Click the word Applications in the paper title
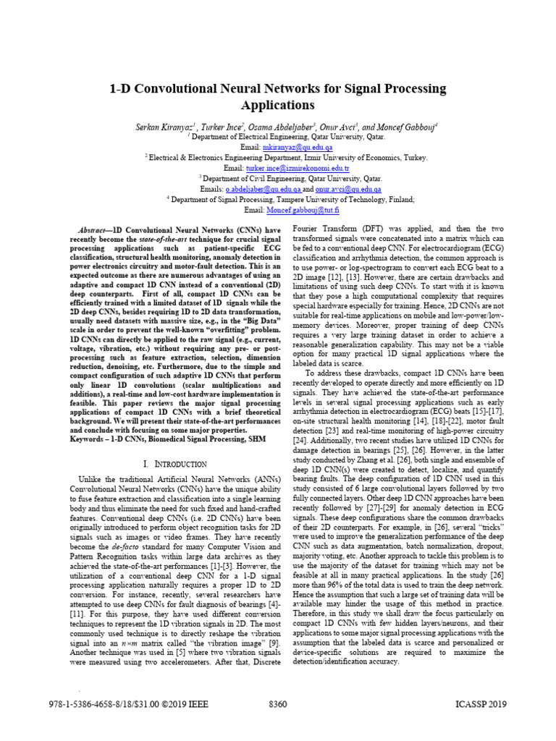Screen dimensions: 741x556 click(x=278, y=105)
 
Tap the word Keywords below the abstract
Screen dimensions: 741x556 click(x=87, y=439)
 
